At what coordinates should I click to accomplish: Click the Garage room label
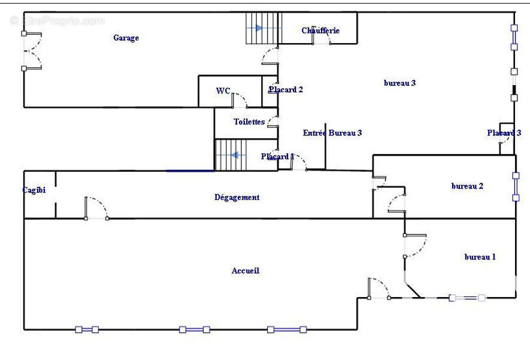(126, 38)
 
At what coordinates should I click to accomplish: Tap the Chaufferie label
(320, 31)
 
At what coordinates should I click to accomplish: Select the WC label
(223, 91)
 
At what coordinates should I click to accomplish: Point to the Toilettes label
(249, 122)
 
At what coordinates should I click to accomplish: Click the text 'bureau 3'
(399, 83)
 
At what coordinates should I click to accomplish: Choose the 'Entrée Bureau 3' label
(332, 133)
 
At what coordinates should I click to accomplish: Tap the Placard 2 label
(285, 90)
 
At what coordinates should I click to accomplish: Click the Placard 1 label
(277, 157)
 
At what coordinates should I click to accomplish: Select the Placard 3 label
(504, 133)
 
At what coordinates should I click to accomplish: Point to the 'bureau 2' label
(467, 186)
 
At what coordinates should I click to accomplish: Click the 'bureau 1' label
(480, 257)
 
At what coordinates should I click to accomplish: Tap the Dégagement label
(237, 197)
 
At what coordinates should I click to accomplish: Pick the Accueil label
(246, 271)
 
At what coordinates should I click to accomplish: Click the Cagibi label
(34, 190)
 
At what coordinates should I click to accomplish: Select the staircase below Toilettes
(230, 155)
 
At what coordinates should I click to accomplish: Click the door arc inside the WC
(240, 100)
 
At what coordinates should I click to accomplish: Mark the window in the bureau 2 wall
(516, 186)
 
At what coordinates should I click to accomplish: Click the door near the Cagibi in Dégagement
(96, 208)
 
